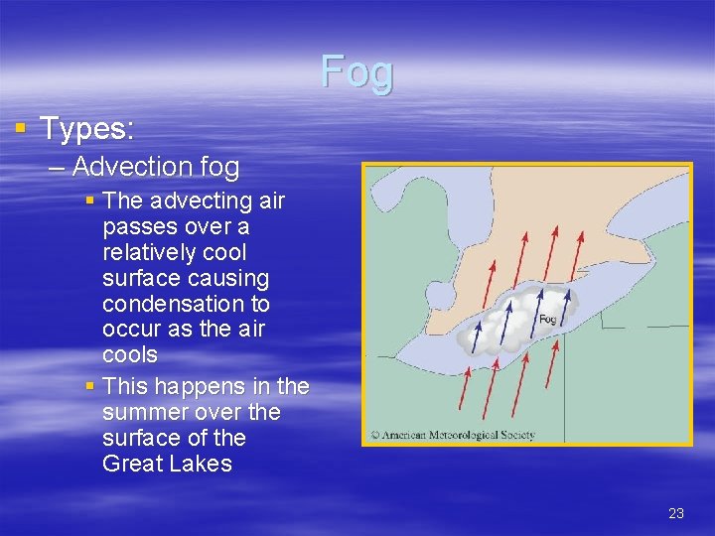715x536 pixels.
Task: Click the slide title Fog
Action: point(357,71)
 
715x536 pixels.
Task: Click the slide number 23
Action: point(676,513)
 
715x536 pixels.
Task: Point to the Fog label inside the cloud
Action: point(547,320)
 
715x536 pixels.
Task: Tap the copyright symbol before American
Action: point(375,435)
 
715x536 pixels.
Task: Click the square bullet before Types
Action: point(21,128)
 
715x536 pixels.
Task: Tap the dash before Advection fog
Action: point(56,166)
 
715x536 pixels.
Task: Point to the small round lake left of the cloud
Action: point(437,295)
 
